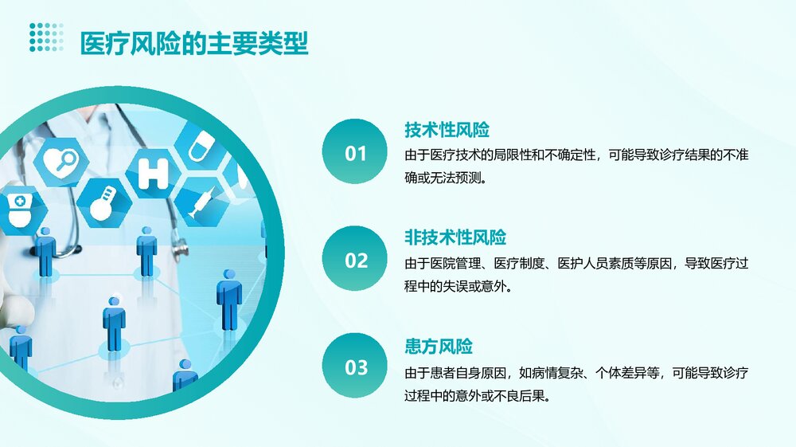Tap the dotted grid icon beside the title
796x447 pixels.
(x=46, y=37)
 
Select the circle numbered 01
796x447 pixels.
(x=355, y=152)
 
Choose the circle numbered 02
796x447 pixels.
(x=355, y=260)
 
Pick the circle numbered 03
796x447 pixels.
(x=355, y=367)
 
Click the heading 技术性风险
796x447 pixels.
(x=447, y=130)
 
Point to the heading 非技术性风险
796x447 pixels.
(x=455, y=237)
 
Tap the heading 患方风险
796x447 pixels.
(x=439, y=347)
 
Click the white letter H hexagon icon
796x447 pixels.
(x=153, y=173)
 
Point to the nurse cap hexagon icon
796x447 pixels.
(x=18, y=209)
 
